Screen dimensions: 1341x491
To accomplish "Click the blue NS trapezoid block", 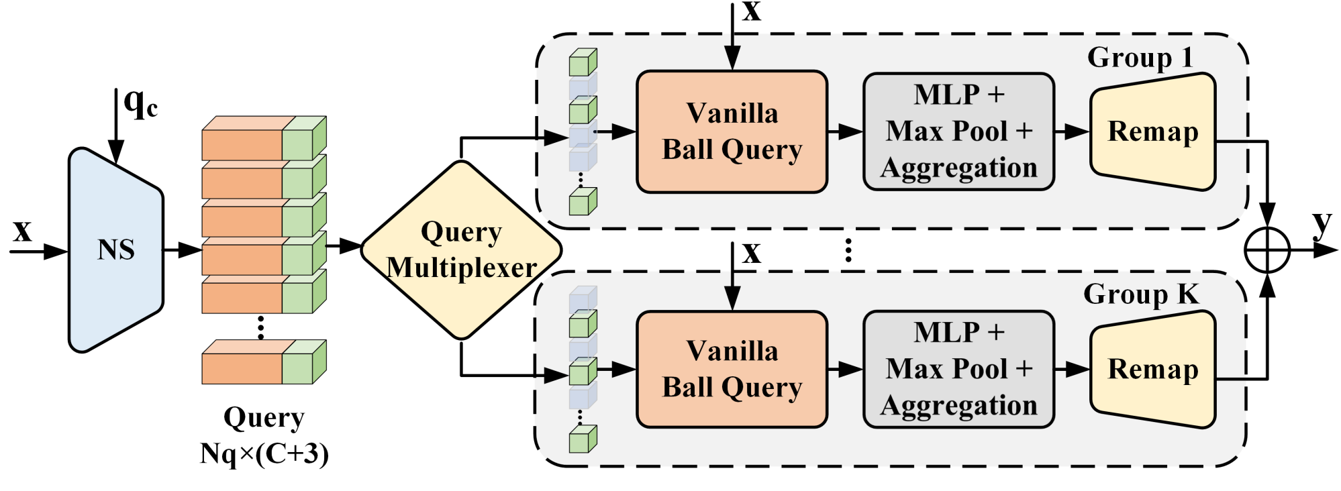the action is (x=116, y=250).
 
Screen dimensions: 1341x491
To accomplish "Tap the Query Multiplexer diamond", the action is (x=461, y=250).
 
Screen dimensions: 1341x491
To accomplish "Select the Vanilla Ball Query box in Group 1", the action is (x=732, y=131).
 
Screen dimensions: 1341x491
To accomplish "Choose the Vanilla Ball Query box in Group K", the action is (x=732, y=369).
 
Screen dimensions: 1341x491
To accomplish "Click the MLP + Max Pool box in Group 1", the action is (x=958, y=131).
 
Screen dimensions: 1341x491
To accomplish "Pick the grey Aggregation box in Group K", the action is (x=958, y=369).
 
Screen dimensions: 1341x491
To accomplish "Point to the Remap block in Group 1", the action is (x=1153, y=131).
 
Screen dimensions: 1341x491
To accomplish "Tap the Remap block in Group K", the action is (x=1153, y=369).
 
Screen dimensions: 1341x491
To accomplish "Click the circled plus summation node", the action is (x=1267, y=250).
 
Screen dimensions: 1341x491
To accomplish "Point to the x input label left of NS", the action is (x=23, y=231).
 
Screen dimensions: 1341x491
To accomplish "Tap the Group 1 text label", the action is (x=1140, y=57).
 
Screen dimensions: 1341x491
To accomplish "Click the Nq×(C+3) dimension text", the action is (x=264, y=454).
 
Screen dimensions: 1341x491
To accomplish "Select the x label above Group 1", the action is (x=752, y=11).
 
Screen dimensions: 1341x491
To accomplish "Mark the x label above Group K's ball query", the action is (x=752, y=254).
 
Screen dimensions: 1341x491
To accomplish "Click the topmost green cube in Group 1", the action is (x=583, y=62).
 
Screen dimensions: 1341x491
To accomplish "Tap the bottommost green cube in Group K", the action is (x=583, y=439).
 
